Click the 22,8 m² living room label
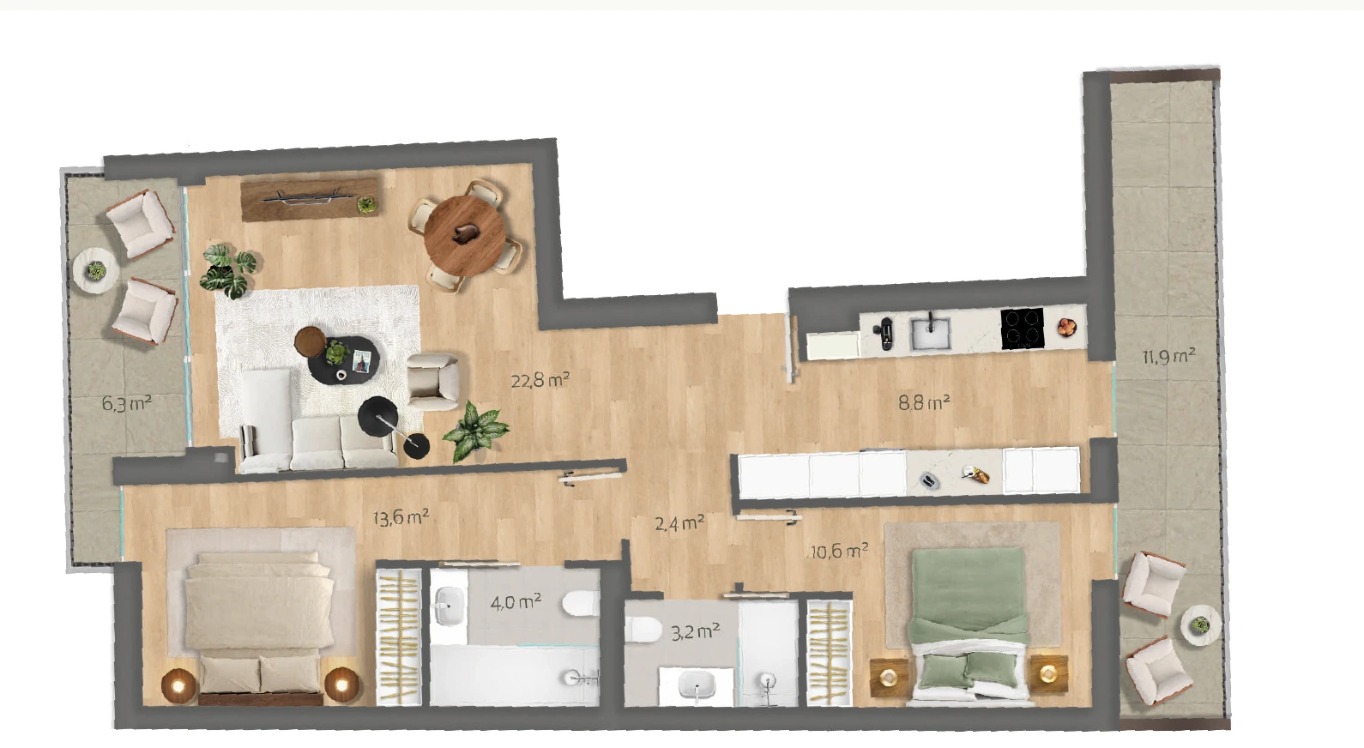(540, 381)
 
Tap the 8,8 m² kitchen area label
(925, 402)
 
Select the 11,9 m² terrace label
(1168, 356)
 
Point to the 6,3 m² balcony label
(127, 403)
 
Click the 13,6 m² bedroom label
(401, 518)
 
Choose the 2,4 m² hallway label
(679, 522)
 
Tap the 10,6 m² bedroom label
(839, 552)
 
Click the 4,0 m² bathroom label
(516, 603)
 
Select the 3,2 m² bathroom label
(696, 631)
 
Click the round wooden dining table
(465, 234)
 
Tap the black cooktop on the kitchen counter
(1023, 329)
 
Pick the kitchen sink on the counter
(931, 332)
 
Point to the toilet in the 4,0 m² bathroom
(581, 604)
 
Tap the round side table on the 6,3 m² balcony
(96, 272)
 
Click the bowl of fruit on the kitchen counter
(1066, 327)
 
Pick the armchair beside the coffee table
(433, 382)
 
